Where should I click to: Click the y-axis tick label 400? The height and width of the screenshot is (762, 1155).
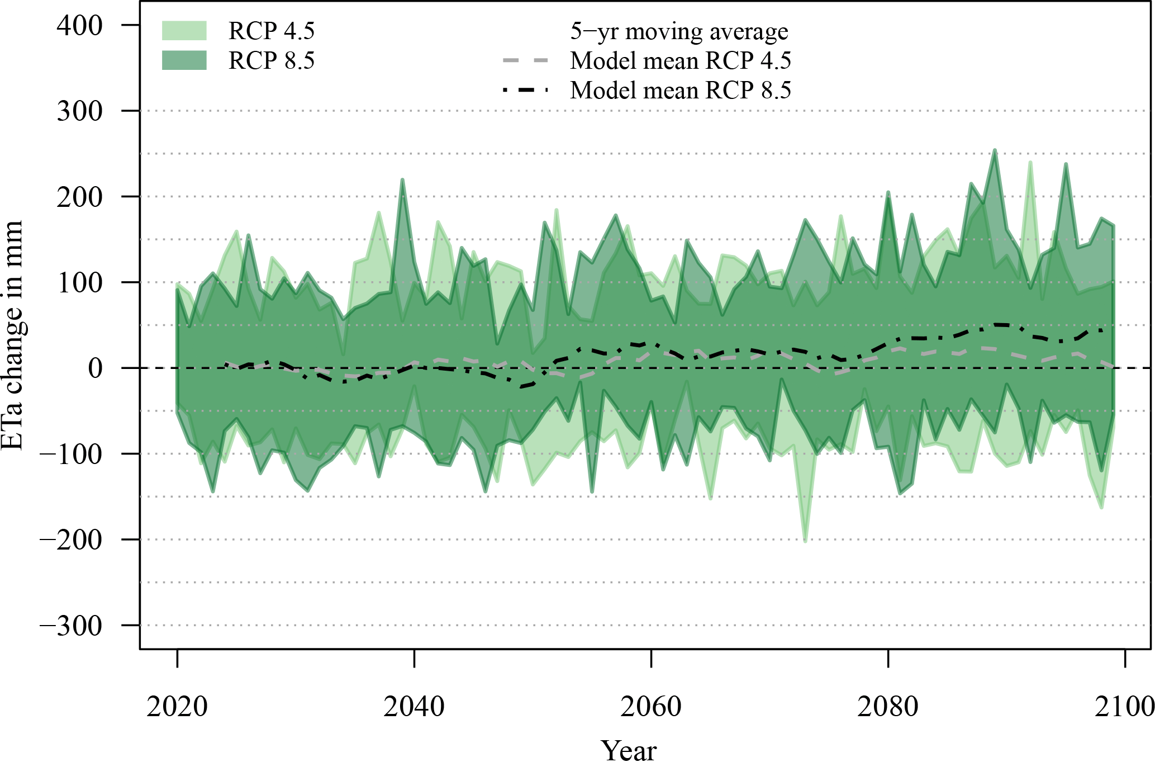79,26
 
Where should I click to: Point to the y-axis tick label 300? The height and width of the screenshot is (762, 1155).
79,111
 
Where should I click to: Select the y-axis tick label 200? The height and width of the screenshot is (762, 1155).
79,197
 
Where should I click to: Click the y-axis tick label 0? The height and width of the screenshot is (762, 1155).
96,368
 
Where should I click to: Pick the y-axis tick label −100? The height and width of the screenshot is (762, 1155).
71,454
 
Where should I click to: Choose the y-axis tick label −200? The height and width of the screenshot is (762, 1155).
71,539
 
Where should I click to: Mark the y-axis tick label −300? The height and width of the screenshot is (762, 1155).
71,626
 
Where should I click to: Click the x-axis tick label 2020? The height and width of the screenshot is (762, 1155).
177,707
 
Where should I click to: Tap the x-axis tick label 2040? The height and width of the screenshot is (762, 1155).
414,707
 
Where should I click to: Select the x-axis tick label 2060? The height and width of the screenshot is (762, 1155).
651,707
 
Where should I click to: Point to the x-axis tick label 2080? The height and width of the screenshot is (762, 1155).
888,707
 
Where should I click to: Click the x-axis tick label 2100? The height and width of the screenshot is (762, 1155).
1124,707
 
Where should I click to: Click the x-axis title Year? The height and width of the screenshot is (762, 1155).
629,750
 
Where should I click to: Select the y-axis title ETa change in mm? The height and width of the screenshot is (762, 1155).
12,335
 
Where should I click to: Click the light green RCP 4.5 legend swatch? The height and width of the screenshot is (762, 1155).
184,31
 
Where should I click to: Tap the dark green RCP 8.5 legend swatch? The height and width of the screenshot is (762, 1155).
184,60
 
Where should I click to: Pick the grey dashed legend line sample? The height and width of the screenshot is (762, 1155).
526,60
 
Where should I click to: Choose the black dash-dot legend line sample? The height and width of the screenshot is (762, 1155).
526,90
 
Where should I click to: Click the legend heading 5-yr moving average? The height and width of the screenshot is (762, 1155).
679,31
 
